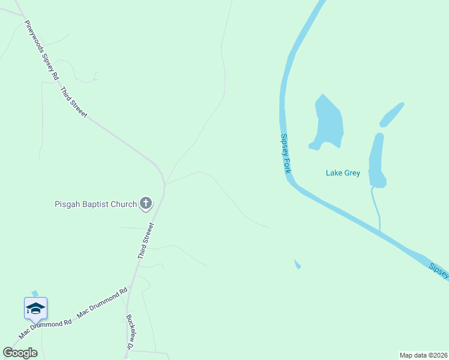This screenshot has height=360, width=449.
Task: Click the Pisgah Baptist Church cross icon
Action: [x=146, y=204]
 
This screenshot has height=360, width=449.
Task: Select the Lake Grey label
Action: [x=343, y=173]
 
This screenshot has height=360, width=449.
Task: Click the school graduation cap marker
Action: [x=35, y=308]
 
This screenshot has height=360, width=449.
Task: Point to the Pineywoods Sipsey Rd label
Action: [x=41, y=51]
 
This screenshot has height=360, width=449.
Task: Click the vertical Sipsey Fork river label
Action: [x=286, y=154]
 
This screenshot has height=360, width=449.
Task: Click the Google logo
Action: [x=20, y=353]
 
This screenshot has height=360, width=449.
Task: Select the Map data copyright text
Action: [x=424, y=355]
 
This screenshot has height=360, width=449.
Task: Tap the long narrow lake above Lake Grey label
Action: [x=376, y=159]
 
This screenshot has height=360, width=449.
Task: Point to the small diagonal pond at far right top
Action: [x=391, y=115]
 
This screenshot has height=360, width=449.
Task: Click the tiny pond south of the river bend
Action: [x=297, y=264]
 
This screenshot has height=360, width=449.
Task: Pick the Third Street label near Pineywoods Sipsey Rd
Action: [x=74, y=102]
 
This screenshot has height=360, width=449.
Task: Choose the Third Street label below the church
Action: [x=146, y=241]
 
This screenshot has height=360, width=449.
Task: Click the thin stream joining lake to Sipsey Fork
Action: [x=376, y=207]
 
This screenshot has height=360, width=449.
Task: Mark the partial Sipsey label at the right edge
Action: [x=439, y=271]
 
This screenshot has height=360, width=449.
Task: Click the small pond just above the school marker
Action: [x=35, y=293]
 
